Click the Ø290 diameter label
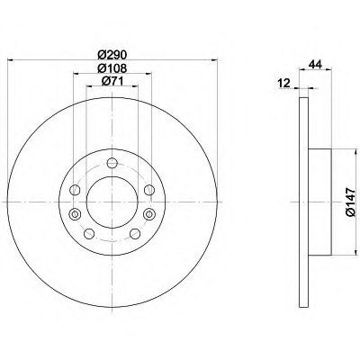tap(112, 55)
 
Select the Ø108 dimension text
tap(112, 68)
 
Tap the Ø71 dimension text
tap(112, 81)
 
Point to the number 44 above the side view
tap(315, 64)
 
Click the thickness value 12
tap(284, 83)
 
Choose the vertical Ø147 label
tap(350, 202)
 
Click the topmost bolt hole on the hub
tap(112, 163)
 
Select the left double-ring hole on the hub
tap(75, 214)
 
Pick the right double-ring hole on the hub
tap(149, 214)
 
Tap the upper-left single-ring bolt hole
tap(75, 190)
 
